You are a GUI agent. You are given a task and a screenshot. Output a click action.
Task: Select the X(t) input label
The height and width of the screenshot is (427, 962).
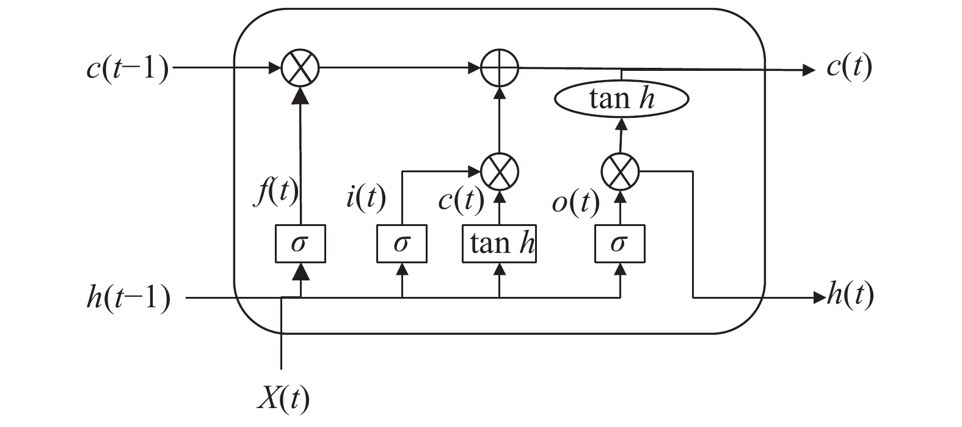pyautogui.click(x=283, y=400)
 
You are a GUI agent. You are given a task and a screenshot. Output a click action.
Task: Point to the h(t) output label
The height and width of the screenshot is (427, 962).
pyautogui.click(x=850, y=296)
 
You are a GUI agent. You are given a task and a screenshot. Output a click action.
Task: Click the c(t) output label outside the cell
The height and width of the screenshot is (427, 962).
pyautogui.click(x=849, y=67)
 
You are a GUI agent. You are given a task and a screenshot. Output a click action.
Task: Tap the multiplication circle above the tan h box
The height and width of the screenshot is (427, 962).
pyautogui.click(x=500, y=169)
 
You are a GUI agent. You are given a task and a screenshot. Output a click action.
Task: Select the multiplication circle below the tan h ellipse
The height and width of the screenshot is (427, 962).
pyautogui.click(x=620, y=169)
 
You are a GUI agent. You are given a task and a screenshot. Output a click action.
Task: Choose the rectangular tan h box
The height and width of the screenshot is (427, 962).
pyautogui.click(x=500, y=244)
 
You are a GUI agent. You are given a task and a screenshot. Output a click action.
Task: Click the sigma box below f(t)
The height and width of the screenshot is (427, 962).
pyautogui.click(x=299, y=244)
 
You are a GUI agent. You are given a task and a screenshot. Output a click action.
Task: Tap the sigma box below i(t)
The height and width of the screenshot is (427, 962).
pyautogui.click(x=401, y=244)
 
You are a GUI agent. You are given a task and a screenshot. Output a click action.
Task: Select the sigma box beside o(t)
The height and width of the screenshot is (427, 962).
pyautogui.click(x=620, y=244)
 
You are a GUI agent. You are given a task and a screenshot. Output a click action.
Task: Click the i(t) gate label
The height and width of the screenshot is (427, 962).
pyautogui.click(x=366, y=199)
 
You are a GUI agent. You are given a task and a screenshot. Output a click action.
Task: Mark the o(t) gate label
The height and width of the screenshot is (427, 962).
pyautogui.click(x=575, y=203)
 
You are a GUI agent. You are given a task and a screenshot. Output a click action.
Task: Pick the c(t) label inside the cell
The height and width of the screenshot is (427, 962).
pyautogui.click(x=461, y=200)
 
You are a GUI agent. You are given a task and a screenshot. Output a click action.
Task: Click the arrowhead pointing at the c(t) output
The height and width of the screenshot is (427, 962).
pyautogui.click(x=809, y=70)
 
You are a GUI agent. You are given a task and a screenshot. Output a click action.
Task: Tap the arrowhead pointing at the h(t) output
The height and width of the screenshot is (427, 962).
pyautogui.click(x=819, y=298)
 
